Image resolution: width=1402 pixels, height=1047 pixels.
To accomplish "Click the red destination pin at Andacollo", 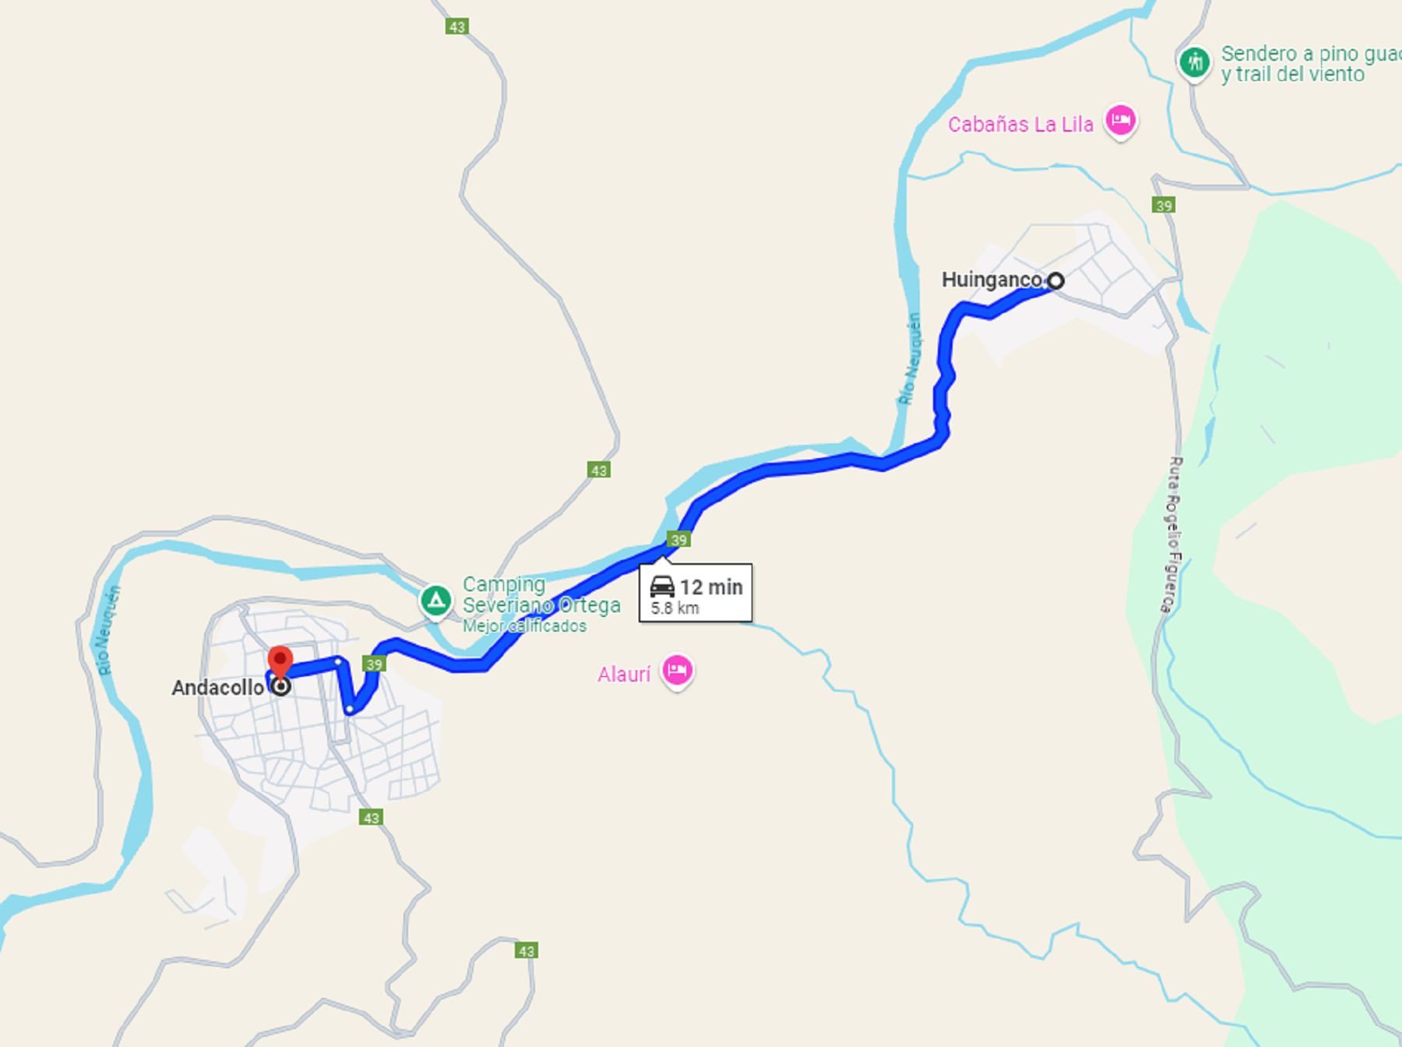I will (x=280, y=661).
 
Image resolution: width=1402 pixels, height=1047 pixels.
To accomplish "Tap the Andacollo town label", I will (x=217, y=688).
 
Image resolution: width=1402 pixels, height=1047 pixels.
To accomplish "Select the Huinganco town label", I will (x=991, y=280).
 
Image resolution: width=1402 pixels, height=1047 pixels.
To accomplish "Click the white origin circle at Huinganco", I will (x=1055, y=280).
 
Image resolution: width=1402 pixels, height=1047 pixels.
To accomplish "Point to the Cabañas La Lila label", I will (x=1020, y=125).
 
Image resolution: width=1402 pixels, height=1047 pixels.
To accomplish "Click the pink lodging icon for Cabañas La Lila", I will (x=1121, y=121).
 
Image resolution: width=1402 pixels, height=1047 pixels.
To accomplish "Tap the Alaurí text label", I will (x=623, y=675).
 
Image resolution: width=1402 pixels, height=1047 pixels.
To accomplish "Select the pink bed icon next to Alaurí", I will (x=677, y=670).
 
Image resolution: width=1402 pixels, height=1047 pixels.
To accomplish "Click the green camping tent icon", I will (x=436, y=601).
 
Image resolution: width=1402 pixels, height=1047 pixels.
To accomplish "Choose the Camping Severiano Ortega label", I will (x=541, y=594).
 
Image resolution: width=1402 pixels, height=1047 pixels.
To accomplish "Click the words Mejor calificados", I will (x=524, y=626).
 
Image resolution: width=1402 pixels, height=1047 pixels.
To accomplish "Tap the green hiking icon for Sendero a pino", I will (x=1194, y=62).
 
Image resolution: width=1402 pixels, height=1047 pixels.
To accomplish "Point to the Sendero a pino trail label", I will (x=1309, y=64).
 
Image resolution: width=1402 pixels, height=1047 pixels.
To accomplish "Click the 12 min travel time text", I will (x=711, y=587).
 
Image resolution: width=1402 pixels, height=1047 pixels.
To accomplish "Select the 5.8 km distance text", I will (x=675, y=608).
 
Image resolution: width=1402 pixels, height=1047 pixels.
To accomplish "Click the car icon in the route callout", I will (x=662, y=586).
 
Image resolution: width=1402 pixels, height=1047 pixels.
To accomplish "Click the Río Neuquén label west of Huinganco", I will (x=910, y=358).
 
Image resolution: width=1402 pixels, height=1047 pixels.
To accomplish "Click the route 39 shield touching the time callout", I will (x=678, y=540).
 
